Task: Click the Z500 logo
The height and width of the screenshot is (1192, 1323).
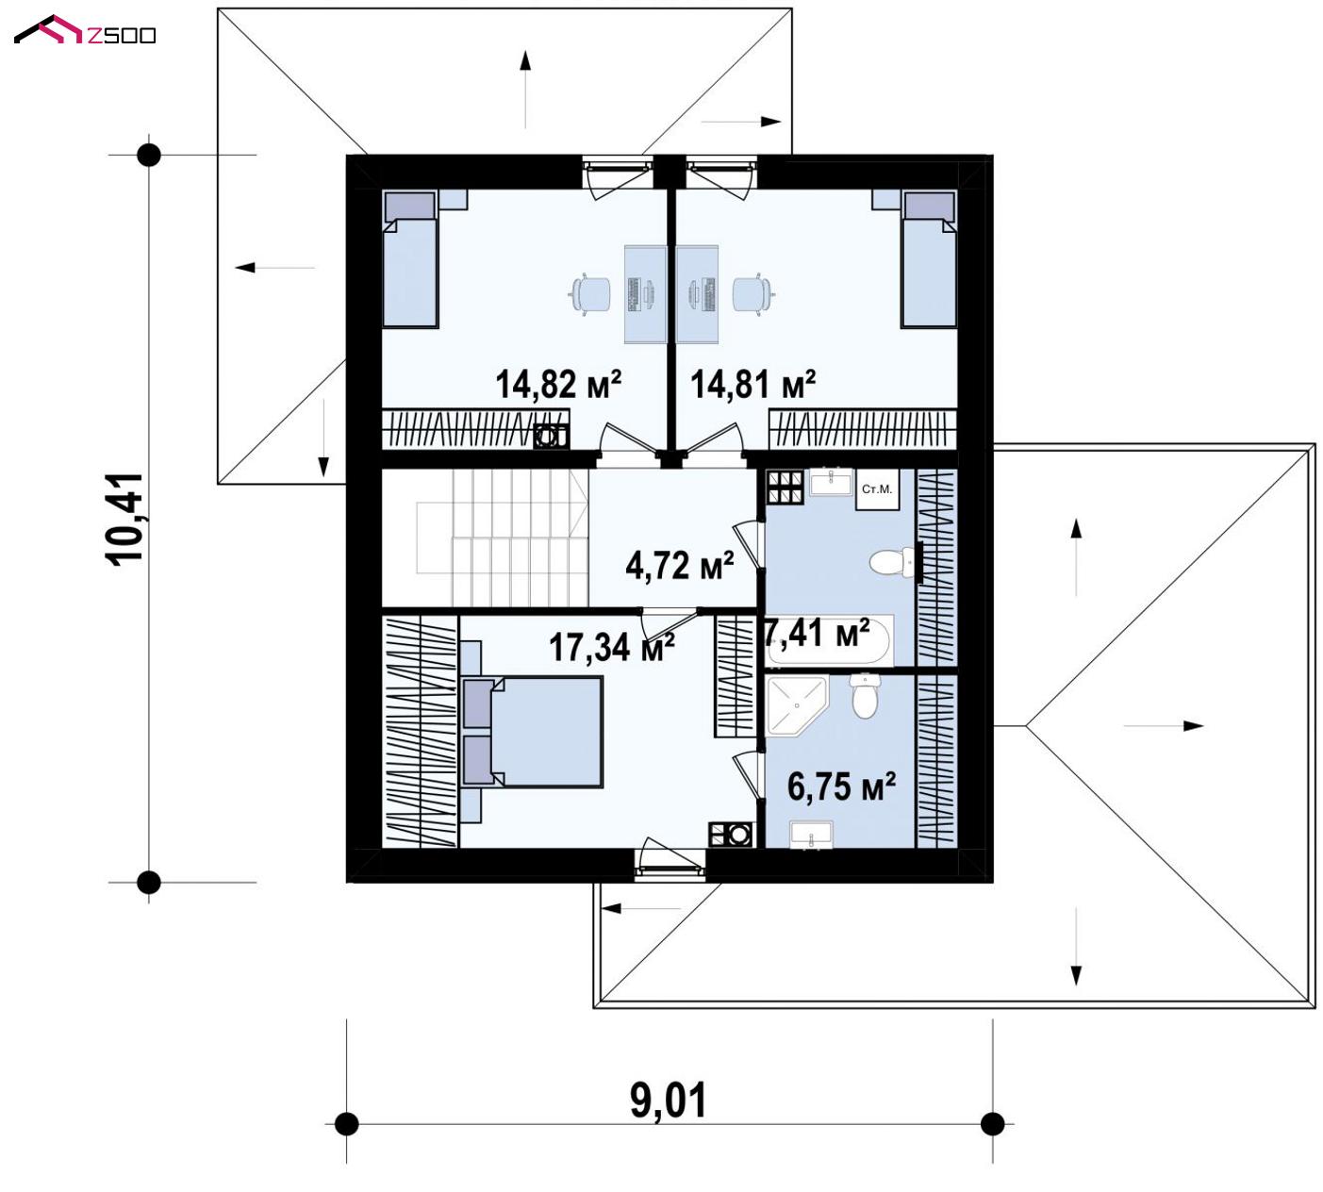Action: (x=85, y=30)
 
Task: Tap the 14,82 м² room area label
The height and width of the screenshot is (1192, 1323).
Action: (x=558, y=384)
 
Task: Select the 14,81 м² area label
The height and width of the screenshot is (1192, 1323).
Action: (x=752, y=384)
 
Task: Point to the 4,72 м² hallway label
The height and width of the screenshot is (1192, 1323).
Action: (x=679, y=565)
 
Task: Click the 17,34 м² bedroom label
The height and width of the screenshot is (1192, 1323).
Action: (x=611, y=647)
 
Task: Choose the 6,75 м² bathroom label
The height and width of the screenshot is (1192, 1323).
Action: (x=841, y=786)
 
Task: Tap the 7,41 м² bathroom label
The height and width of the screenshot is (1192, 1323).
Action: (x=817, y=634)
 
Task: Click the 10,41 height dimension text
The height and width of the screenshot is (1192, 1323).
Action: (x=124, y=519)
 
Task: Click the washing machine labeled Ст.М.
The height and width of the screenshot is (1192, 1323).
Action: (x=877, y=488)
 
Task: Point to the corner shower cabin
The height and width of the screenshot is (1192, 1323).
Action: (x=797, y=704)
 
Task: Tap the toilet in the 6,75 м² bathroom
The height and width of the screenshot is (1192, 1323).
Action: (x=865, y=695)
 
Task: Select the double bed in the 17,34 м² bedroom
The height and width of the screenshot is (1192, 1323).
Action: (x=532, y=732)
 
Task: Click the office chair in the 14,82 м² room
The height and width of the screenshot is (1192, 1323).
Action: (x=589, y=293)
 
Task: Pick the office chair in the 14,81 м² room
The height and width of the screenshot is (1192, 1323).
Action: (x=753, y=293)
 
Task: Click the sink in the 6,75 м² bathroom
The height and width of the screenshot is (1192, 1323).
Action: (x=811, y=835)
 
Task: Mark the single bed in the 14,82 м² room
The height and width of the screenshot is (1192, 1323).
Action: (x=410, y=259)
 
